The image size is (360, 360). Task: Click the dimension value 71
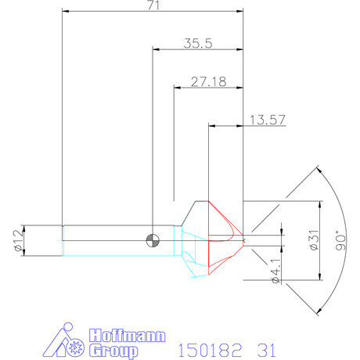tap(152, 5)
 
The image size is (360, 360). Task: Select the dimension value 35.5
tap(198, 44)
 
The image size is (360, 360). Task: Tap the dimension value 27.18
tap(208, 81)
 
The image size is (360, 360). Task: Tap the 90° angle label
tap(340, 238)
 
